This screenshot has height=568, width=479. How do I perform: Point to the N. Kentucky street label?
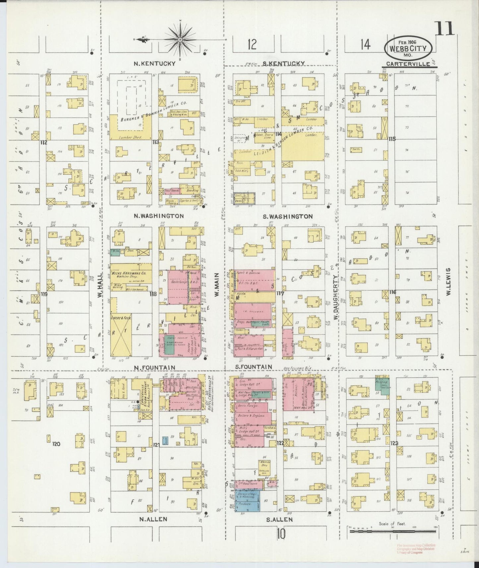click(154, 64)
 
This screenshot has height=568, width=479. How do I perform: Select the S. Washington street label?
click(287, 216)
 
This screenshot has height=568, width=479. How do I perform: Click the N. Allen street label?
click(153, 520)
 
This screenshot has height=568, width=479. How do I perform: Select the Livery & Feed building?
click(121, 335)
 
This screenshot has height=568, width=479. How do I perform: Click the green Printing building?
click(382, 385)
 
